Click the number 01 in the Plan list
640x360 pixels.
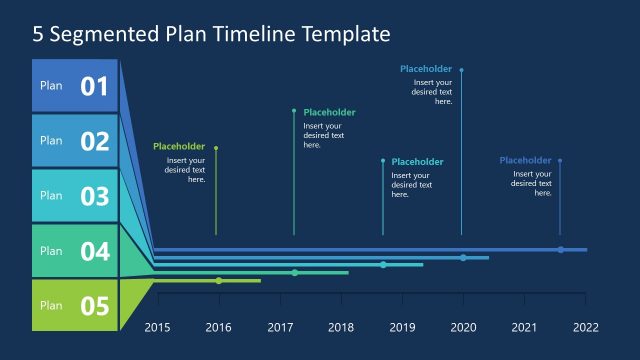point(94,87)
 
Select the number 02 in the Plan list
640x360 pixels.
point(94,142)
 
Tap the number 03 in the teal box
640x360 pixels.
point(94,197)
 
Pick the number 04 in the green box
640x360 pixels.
point(94,252)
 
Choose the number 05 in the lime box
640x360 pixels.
point(94,306)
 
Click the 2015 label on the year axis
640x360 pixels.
point(158,327)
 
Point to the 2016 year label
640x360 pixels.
point(218,327)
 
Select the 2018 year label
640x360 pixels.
point(341,327)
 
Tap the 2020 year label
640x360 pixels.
point(463,327)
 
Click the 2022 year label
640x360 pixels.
point(585,327)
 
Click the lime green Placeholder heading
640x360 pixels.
point(179,147)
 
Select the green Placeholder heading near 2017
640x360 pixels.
point(329,113)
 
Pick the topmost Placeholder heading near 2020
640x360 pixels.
point(426,69)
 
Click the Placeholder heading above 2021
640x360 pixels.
point(525,160)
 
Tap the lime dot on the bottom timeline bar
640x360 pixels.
point(219,281)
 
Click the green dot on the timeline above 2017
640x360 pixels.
point(295,273)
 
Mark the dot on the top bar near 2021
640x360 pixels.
point(561,249)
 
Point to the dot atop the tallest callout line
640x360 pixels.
point(461,70)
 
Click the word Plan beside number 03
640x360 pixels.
point(51,196)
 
